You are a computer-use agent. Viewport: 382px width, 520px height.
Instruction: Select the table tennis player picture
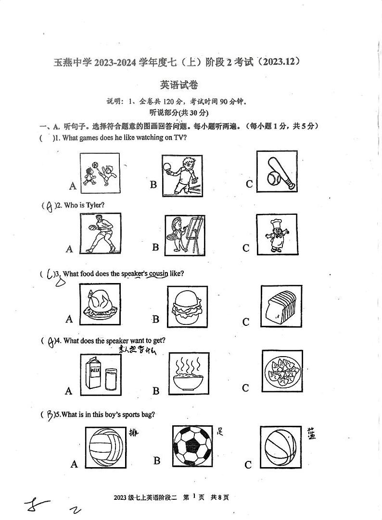click(182, 175)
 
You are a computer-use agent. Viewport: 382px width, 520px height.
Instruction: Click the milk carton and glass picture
click(99, 374)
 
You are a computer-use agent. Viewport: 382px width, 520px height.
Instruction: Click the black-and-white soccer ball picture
click(192, 447)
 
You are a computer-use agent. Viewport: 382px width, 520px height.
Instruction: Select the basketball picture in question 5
click(280, 446)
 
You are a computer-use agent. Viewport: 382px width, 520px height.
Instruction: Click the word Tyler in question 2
click(94, 205)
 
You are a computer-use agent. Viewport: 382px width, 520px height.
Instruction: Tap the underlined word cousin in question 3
click(158, 273)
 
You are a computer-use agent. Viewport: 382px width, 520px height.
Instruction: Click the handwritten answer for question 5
click(50, 414)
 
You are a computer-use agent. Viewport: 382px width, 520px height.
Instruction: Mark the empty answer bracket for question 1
click(48, 138)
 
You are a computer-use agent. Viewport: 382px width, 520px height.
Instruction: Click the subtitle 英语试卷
click(179, 85)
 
